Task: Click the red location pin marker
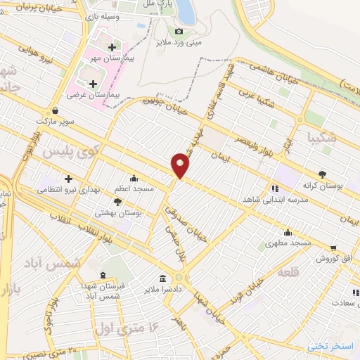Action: [181, 165]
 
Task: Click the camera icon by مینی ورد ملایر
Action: [179, 31]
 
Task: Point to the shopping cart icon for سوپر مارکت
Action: [56, 110]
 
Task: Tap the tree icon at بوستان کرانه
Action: [323, 173]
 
